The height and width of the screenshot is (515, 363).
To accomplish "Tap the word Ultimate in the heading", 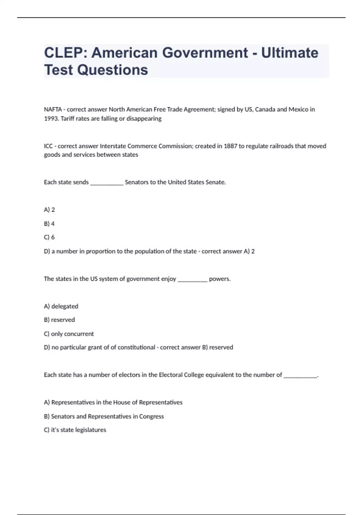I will coord(289,53).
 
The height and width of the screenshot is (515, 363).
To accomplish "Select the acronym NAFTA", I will coord(53,109).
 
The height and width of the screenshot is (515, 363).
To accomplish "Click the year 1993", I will coord(51,118).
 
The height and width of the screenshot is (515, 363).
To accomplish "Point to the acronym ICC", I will coord(48,146).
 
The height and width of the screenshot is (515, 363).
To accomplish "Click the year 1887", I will coord(230,146).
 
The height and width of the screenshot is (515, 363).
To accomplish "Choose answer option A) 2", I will coord(49,210).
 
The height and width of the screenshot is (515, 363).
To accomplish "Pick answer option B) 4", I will coord(49,224).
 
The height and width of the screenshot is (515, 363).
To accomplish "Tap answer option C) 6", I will coord(49,237).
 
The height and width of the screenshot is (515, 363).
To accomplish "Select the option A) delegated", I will coord(61,306).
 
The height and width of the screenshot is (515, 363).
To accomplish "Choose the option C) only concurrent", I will coord(69,334).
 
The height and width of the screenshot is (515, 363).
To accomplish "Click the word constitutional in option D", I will coord(136,347).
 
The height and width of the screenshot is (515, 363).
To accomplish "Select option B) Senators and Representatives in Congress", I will coord(104,416).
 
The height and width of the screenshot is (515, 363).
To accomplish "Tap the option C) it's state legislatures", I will coord(75,430).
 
